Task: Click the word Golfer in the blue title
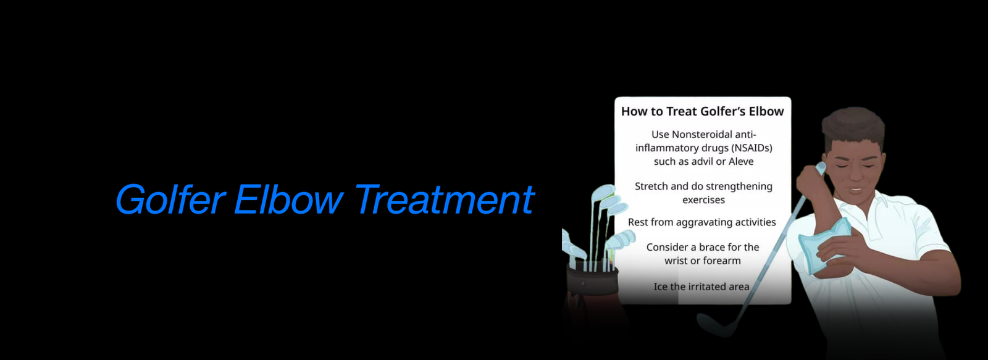170,200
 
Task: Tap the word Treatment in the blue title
444,199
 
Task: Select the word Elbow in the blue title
288,199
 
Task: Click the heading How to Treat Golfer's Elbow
703,112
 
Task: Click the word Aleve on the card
741,161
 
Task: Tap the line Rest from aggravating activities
701,222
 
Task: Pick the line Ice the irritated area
701,287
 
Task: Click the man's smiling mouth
856,190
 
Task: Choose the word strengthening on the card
737,187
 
